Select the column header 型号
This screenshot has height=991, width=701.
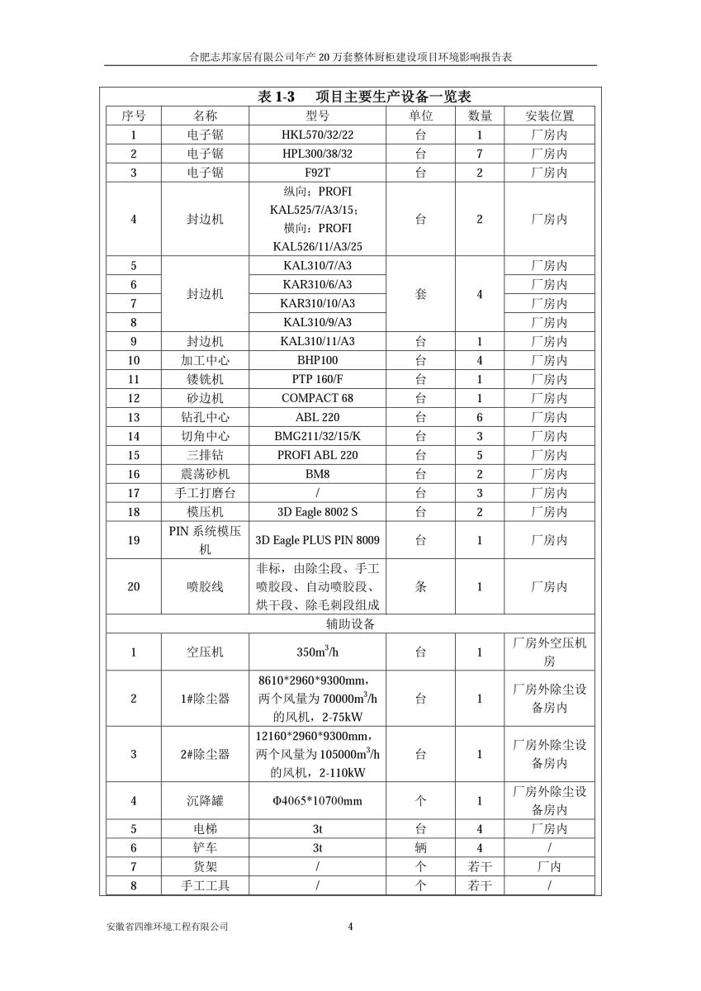tap(317, 116)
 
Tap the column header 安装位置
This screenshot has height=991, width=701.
tap(549, 116)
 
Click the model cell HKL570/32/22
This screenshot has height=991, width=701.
tap(317, 135)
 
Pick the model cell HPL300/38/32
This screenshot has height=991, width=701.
tap(317, 154)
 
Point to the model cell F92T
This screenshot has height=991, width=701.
tap(317, 173)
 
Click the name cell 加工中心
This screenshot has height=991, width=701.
tap(205, 360)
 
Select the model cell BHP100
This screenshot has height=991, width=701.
tap(317, 360)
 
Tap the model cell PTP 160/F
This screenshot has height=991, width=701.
tap(317, 379)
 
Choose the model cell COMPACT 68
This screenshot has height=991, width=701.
tap(317, 398)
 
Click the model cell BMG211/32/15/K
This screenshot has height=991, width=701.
tap(317, 436)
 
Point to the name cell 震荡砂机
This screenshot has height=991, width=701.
tap(205, 474)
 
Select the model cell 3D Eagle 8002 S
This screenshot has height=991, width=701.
tap(317, 512)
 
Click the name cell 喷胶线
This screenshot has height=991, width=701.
tap(205, 586)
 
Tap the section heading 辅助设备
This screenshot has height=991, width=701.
tap(350, 624)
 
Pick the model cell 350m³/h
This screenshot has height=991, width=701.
tap(317, 652)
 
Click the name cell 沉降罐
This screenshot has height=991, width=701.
tap(205, 800)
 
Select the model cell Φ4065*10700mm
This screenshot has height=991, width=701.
tap(317, 800)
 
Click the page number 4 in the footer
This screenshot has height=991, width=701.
tap(351, 926)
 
